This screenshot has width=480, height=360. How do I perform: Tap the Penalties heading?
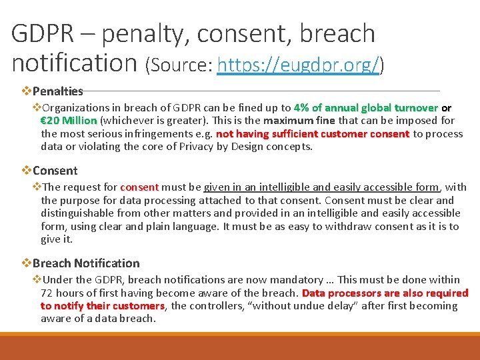57,91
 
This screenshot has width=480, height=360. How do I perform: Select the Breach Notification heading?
86,263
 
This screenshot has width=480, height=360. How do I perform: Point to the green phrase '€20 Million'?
69,121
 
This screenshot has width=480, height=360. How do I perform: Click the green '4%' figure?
301,107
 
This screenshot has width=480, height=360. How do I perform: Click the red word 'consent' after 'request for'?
139,187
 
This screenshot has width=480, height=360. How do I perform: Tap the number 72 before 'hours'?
47,293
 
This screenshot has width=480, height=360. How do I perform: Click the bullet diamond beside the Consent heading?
27,171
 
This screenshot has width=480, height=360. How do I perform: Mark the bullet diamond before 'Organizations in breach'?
37,107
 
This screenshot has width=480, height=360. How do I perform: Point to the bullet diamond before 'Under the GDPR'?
37,280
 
